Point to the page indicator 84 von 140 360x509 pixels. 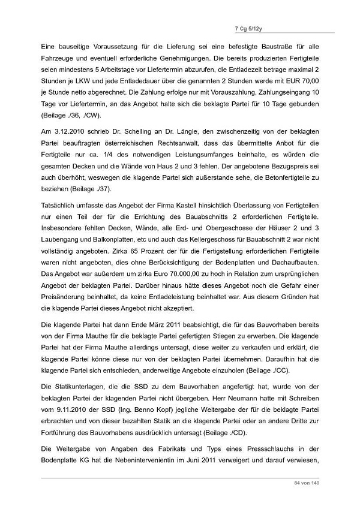pyautogui.click(x=307, y=483)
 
